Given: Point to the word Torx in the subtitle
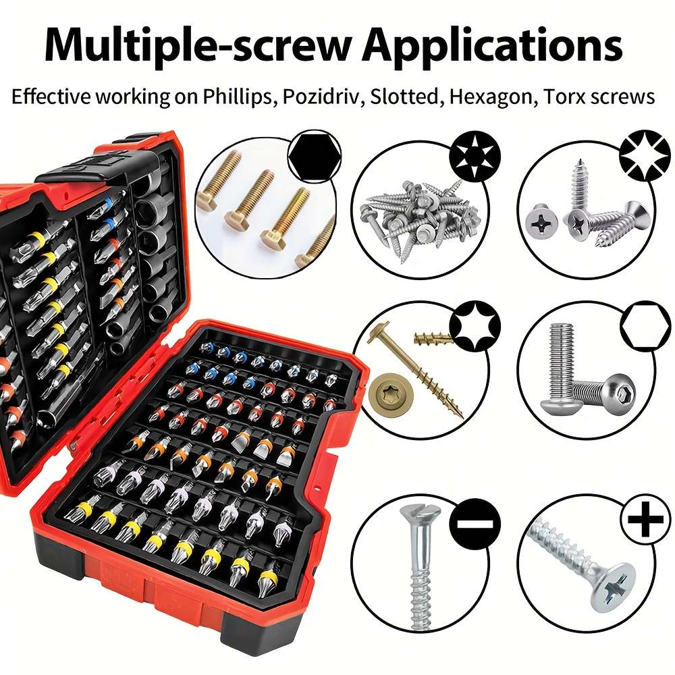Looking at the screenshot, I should point(558,97).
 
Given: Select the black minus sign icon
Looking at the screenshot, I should point(477,524).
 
